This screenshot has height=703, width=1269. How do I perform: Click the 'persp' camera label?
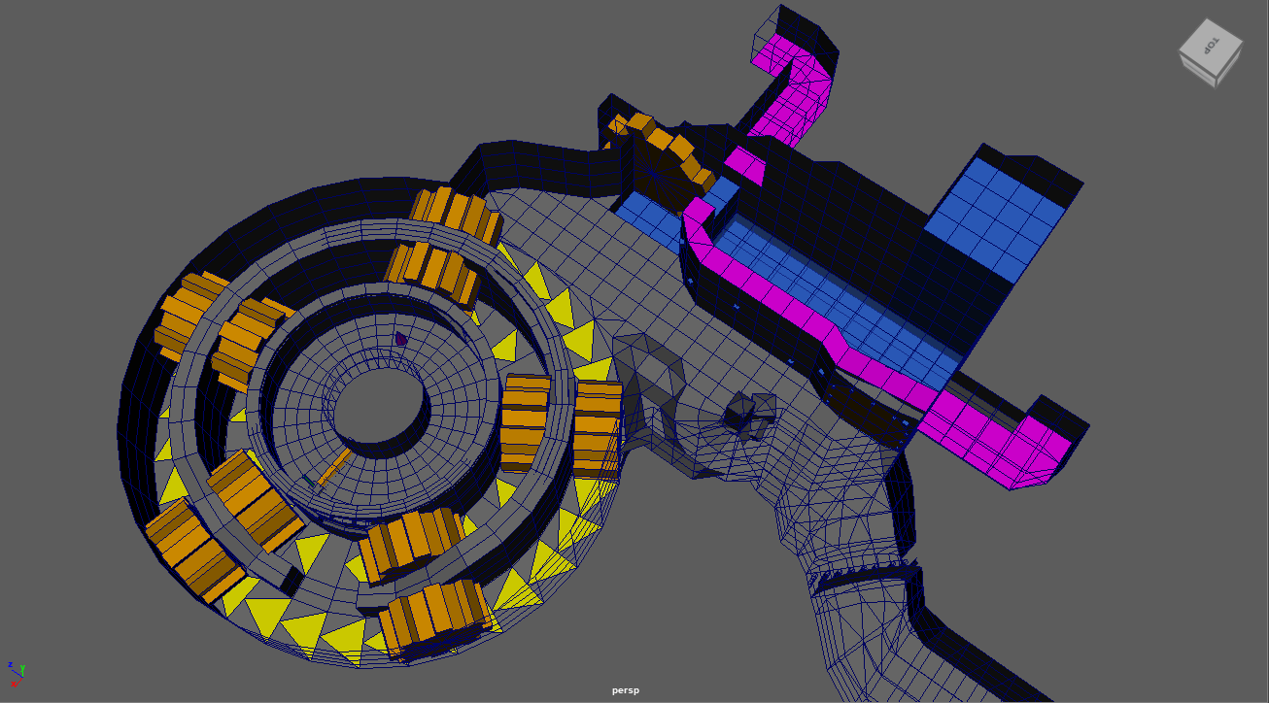[x=626, y=690]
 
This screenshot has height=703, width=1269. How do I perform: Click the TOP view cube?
[x=1211, y=53]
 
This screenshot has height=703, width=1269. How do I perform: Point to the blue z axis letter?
[x=10, y=665]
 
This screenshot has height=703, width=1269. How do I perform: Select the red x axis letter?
[x=14, y=684]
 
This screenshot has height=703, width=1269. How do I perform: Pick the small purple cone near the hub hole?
[x=400, y=339]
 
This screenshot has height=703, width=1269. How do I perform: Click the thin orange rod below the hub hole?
[x=335, y=468]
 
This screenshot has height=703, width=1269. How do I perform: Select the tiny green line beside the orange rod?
[x=309, y=481]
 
